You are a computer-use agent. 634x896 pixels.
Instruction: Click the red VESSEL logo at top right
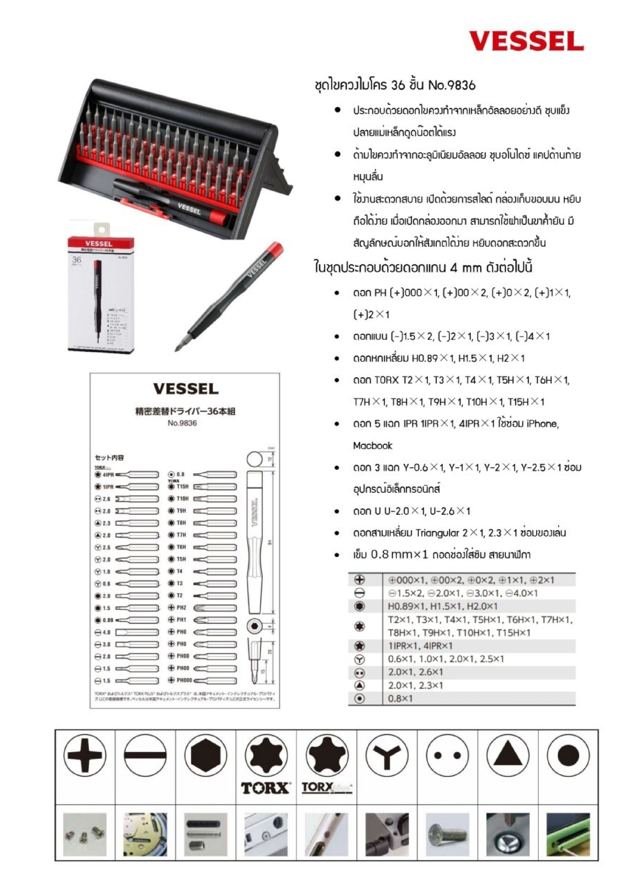526,41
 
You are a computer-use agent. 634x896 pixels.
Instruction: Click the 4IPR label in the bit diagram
108,475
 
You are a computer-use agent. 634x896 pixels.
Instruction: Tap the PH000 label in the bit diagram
184,680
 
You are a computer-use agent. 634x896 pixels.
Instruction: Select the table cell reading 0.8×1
400,699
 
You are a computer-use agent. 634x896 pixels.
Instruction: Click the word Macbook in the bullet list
372,446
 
